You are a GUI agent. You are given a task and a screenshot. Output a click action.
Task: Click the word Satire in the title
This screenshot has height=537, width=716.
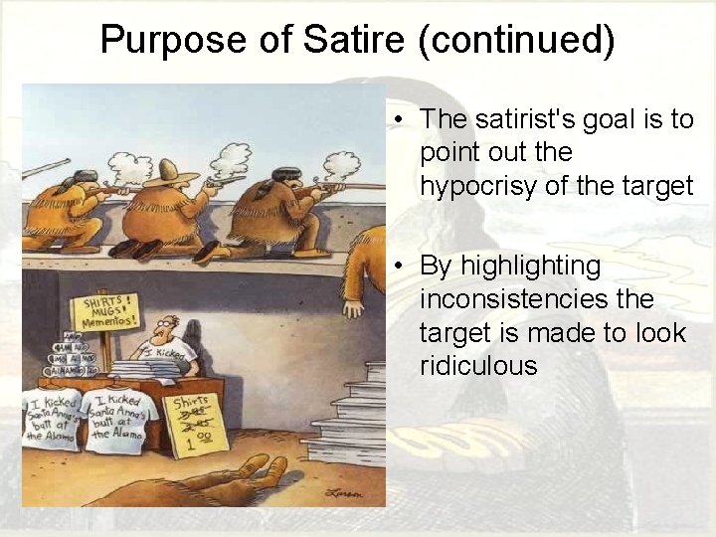click(x=355, y=41)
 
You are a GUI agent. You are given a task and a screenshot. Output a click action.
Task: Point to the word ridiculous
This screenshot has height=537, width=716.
click(x=478, y=366)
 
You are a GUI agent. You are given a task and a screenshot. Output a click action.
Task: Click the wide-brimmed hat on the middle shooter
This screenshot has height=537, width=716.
click(x=170, y=176)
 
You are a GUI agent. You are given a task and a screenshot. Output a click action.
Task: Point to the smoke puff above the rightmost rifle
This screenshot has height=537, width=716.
click(x=341, y=163)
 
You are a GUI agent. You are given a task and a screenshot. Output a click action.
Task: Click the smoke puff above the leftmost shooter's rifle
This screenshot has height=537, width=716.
click(x=130, y=167)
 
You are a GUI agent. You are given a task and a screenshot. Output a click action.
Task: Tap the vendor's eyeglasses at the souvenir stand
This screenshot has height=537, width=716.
click(x=170, y=326)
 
